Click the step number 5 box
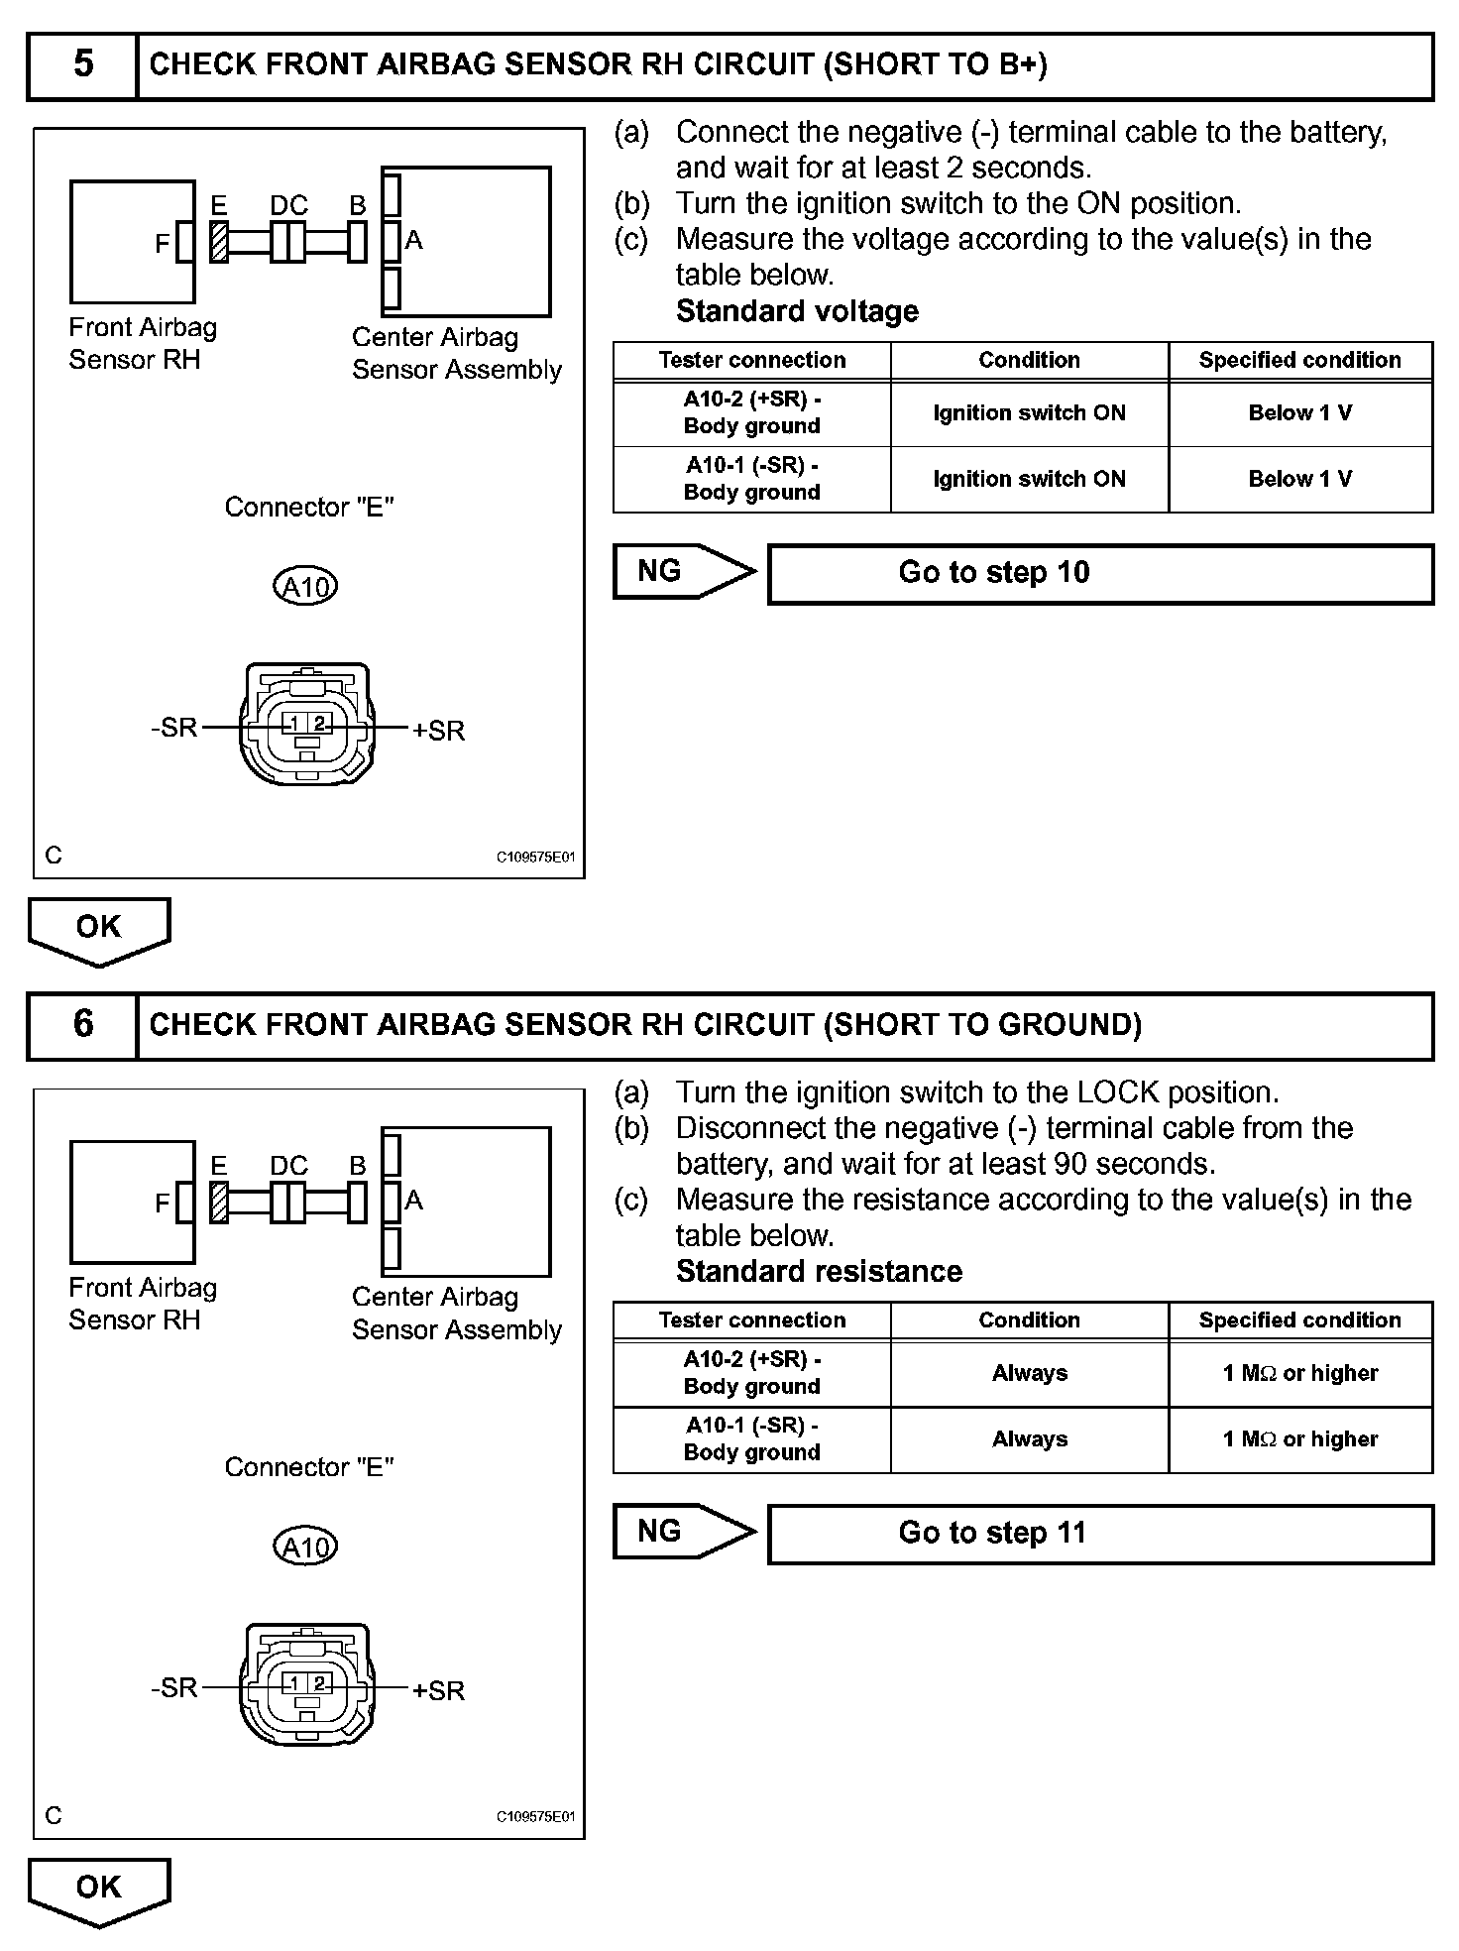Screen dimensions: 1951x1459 83,65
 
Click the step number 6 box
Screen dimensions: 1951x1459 83,1025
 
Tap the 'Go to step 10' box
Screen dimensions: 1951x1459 1100,573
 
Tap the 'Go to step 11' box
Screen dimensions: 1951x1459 1100,1534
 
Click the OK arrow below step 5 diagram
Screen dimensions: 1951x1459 99,930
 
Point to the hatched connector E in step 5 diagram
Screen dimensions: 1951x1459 219,242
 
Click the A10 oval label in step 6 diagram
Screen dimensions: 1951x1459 305,1548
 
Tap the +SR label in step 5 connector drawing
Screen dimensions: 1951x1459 438,731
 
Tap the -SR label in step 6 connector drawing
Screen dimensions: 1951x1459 174,1687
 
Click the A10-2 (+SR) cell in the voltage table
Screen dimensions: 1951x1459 751,412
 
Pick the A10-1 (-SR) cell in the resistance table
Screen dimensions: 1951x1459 751,1438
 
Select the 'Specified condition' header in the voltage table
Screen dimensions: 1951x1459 1299,360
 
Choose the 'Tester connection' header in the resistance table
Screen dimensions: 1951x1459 751,1320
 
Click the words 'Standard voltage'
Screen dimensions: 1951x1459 797,311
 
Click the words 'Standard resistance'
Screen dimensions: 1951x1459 819,1272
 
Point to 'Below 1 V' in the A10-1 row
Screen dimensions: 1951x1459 1299,479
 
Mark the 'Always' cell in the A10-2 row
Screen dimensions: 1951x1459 1029,1373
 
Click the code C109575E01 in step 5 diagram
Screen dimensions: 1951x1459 535,857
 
